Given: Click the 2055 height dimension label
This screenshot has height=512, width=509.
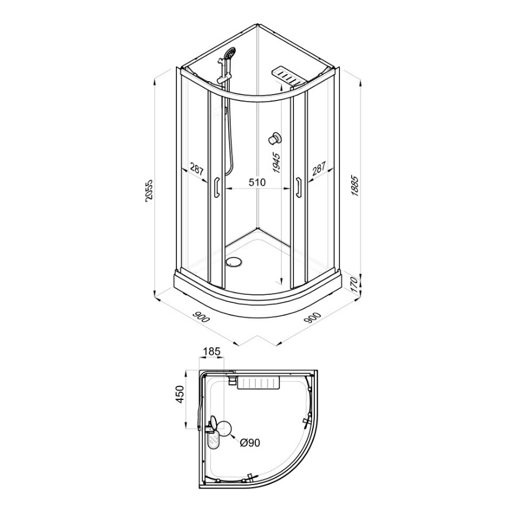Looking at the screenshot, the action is pos(148,191).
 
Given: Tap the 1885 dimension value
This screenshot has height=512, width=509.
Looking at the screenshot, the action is pos(355,186).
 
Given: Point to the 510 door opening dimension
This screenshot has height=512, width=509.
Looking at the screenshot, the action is pos(257,182).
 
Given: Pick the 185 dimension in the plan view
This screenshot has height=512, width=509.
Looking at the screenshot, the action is pos(212,351).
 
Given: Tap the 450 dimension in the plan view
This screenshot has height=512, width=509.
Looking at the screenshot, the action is pos(181,394).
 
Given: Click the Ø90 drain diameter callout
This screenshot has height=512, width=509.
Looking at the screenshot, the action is pos(250,443).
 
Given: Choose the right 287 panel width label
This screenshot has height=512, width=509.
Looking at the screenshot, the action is pos(318,169).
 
